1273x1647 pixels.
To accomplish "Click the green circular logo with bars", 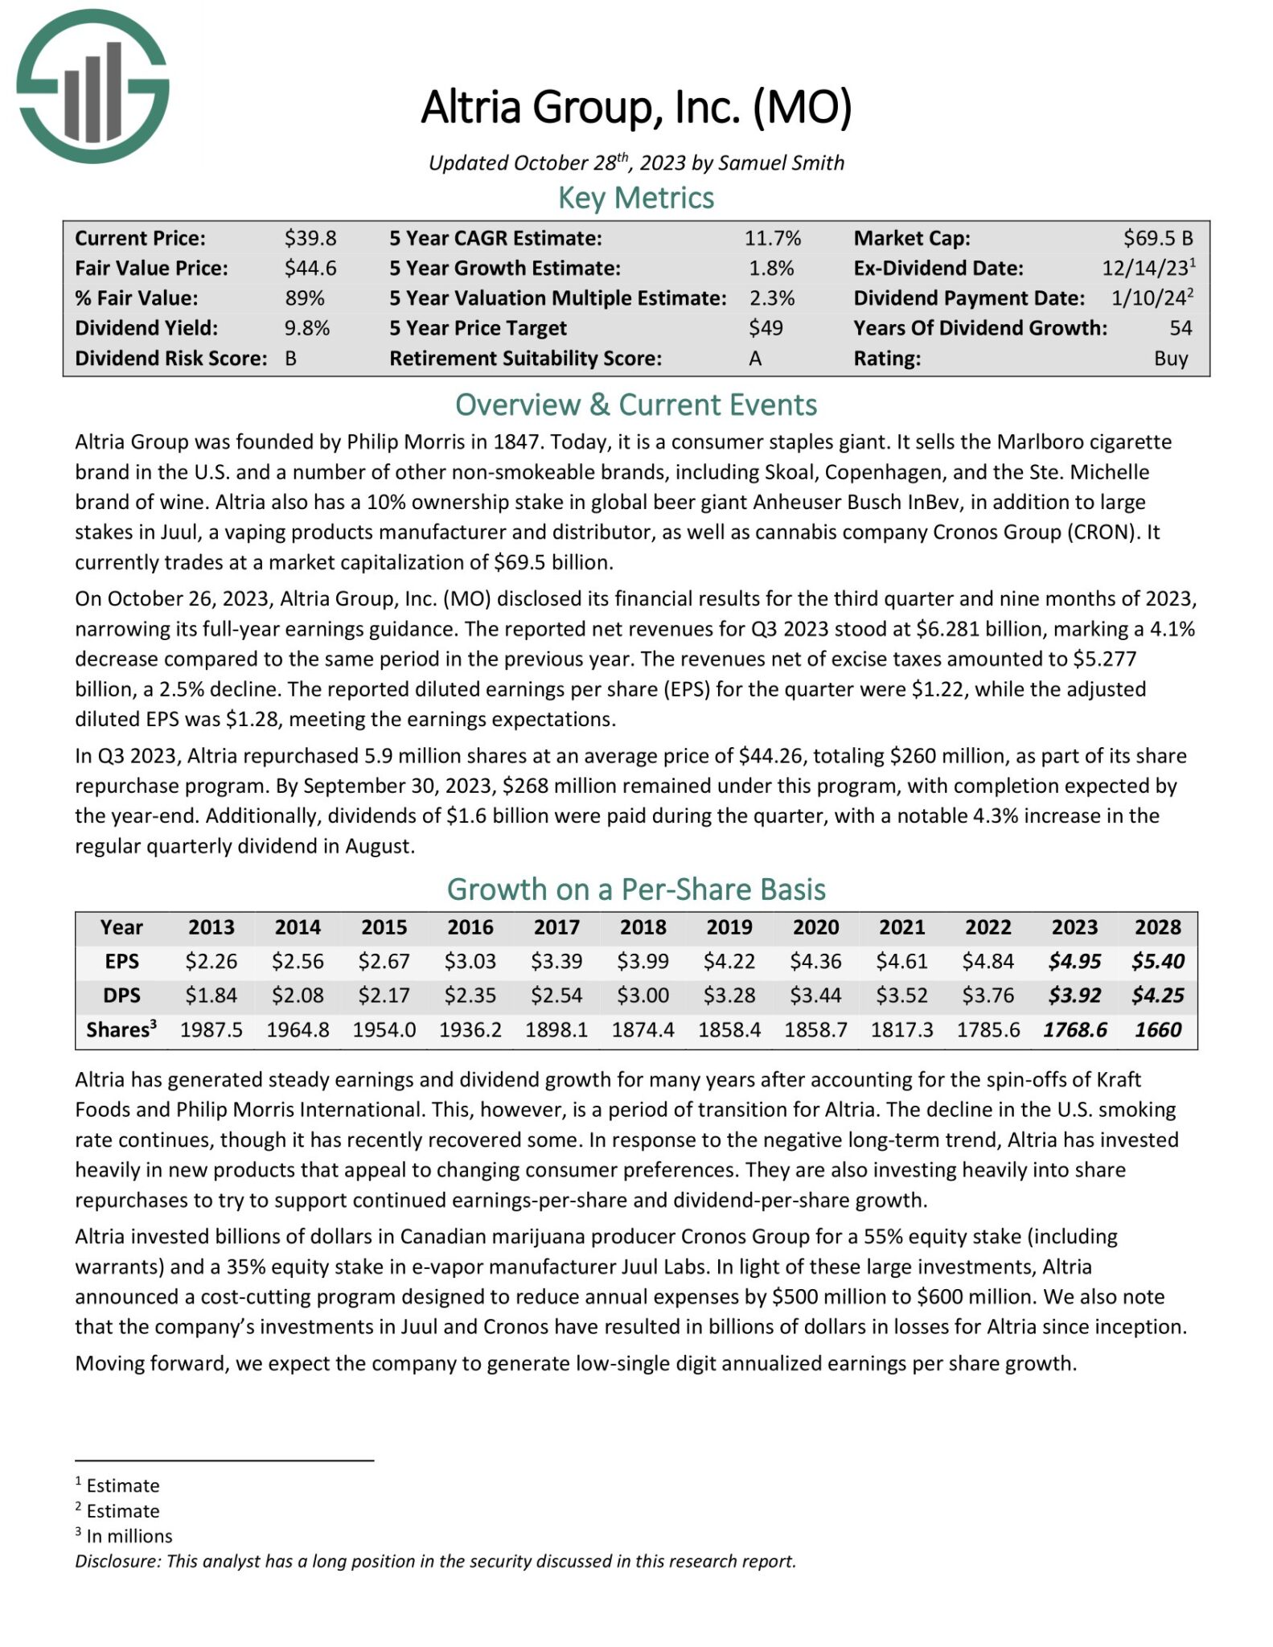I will tap(92, 87).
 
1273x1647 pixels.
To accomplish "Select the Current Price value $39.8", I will tap(310, 238).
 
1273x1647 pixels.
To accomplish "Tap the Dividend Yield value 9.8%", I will tap(306, 328).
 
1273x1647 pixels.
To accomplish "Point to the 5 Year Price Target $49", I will tap(765, 328).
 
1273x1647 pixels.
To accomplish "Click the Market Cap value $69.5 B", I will tap(1157, 238).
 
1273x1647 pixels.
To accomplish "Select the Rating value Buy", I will tap(1170, 359).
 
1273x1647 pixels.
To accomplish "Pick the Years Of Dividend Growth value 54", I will tap(1180, 328).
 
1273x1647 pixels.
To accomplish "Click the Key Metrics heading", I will tap(635, 198).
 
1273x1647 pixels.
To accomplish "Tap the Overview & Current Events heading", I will tap(635, 405).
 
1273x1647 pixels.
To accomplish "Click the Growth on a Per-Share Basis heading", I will tap(635, 889).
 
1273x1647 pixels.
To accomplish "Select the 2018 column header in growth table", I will tap(643, 927).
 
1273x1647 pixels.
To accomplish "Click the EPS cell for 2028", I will tap(1157, 961).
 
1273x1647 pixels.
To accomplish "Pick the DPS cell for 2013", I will tap(211, 996).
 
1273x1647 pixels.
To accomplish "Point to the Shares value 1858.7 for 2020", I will tap(815, 1030).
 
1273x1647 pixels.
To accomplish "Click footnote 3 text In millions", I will tap(129, 1536).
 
